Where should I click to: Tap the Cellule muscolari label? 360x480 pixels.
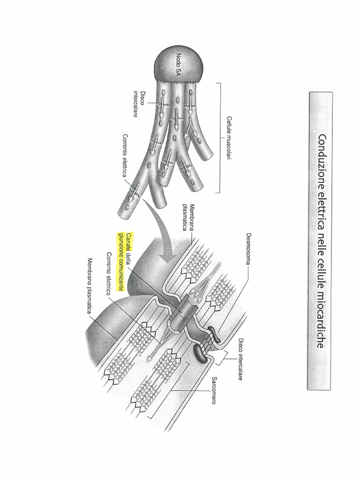click(229, 138)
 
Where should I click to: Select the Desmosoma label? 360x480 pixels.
click(249, 249)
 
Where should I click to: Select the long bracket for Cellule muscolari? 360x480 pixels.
click(219, 138)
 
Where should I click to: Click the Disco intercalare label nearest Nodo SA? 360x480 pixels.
click(139, 104)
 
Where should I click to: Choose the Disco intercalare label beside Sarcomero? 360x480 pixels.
click(240, 359)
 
